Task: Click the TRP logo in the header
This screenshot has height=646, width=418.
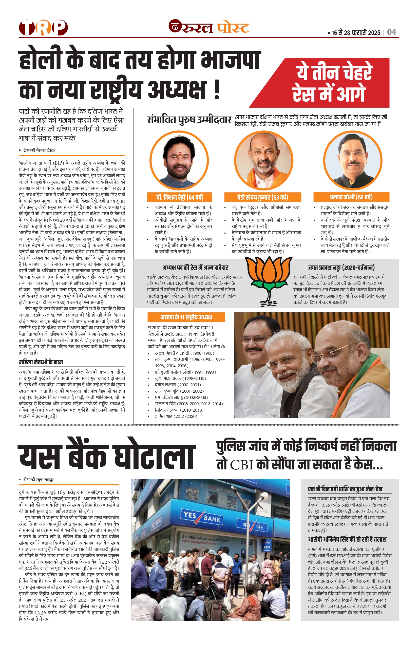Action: tap(43, 28)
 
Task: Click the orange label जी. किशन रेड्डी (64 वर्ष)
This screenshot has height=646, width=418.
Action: tap(179, 197)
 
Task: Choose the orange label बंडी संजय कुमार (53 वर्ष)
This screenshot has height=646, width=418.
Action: tap(262, 197)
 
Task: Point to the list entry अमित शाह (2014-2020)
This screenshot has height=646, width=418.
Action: tap(176, 416)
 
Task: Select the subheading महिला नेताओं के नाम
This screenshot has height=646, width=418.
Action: tap(41, 362)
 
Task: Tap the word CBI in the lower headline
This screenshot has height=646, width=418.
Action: tap(242, 465)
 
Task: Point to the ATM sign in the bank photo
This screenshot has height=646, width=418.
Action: tap(267, 547)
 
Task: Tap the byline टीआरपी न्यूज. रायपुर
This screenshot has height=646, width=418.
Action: tap(38, 480)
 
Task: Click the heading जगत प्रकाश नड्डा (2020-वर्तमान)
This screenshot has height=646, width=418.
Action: tap(341, 268)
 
